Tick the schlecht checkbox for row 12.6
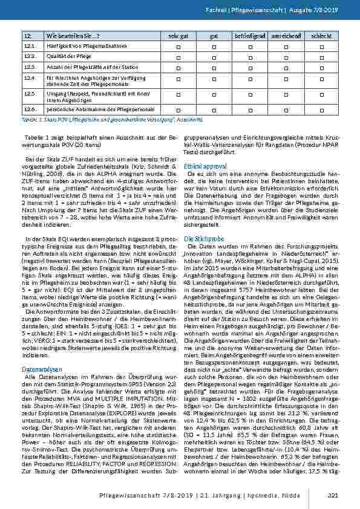tap(320, 110)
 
